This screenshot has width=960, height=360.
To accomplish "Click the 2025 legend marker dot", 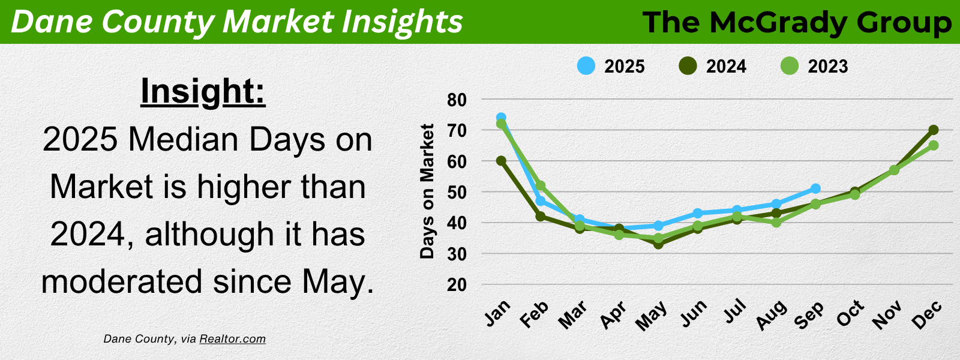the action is click(x=586, y=66).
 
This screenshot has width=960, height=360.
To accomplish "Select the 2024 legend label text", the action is click(x=726, y=67).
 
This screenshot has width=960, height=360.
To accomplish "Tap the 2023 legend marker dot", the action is click(x=790, y=66).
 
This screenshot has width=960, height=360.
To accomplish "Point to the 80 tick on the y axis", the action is click(x=457, y=100).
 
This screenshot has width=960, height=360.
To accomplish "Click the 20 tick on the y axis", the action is click(x=457, y=284).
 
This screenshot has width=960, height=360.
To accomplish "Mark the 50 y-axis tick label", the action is click(x=457, y=193).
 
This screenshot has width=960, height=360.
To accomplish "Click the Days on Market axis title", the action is click(x=427, y=191).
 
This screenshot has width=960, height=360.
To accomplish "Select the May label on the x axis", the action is click(x=652, y=316).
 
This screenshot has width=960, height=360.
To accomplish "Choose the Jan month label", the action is click(x=497, y=313).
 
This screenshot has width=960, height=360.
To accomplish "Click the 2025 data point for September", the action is click(x=815, y=188).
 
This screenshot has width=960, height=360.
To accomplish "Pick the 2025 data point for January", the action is click(x=501, y=117).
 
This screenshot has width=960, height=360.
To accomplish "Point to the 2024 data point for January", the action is click(x=501, y=161).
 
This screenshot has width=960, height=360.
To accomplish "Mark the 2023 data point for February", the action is click(x=541, y=185).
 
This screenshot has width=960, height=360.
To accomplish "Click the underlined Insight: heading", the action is click(x=203, y=92).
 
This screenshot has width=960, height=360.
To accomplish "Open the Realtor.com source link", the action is click(x=232, y=339).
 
